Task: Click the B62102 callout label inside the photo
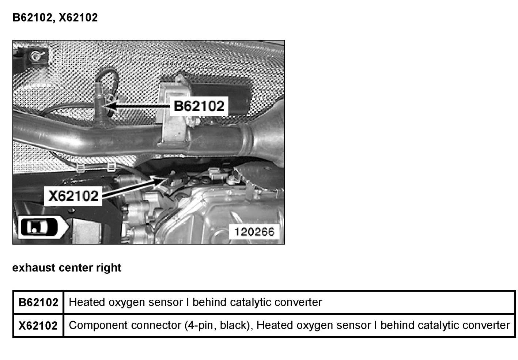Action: pyautogui.click(x=199, y=106)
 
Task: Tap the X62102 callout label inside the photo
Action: pyautogui.click(x=74, y=196)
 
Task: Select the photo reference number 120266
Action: pyautogui.click(x=254, y=232)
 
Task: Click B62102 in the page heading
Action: pyautogui.click(x=32, y=18)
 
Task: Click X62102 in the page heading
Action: pyautogui.click(x=78, y=18)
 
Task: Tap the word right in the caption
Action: pyautogui.click(x=109, y=268)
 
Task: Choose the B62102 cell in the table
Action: pyautogui.click(x=38, y=302)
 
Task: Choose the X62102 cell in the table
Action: pyautogui.click(x=38, y=325)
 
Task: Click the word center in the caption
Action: pyautogui.click(x=76, y=268)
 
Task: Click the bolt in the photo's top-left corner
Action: pyautogui.click(x=36, y=56)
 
